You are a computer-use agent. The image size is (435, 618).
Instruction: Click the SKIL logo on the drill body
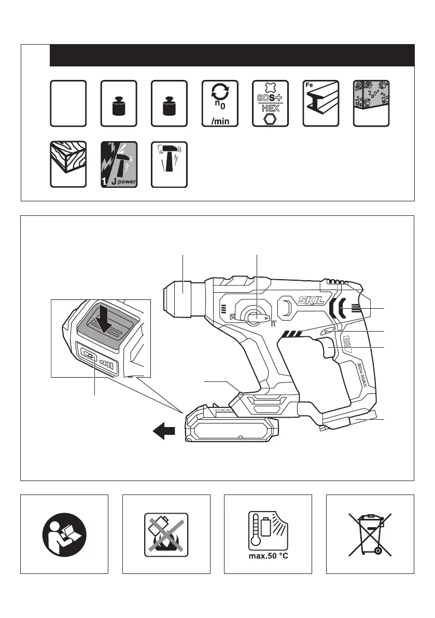[x=309, y=299]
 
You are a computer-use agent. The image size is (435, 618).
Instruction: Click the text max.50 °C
[x=268, y=559]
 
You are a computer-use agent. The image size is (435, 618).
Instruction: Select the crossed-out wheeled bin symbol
[x=370, y=533]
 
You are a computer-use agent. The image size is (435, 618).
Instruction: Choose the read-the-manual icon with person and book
[x=64, y=533]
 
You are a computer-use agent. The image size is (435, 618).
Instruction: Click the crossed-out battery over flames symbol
[x=166, y=533]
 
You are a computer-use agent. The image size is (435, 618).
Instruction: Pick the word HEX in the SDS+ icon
[x=270, y=109]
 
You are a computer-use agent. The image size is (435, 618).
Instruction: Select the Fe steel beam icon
[x=321, y=103]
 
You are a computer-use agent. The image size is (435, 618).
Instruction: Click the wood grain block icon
[x=68, y=164]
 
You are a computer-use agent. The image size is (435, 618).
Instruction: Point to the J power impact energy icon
[x=119, y=164]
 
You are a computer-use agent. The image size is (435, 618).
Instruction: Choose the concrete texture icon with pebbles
[x=371, y=103]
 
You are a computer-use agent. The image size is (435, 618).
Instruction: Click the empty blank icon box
[x=68, y=103]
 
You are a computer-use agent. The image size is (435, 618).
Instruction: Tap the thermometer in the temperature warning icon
[x=255, y=533]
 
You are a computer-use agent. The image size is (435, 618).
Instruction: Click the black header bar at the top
[x=232, y=55]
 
